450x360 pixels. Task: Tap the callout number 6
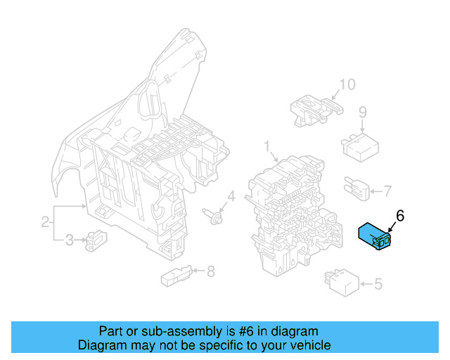tap(400, 217)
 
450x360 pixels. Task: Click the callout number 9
tap(363, 112)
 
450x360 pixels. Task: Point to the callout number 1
tap(267, 146)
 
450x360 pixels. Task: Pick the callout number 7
tap(387, 190)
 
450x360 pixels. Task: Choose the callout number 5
tap(378, 284)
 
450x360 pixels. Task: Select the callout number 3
tap(69, 241)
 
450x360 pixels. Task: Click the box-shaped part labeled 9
tap(359, 146)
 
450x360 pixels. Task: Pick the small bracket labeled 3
tap(94, 240)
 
